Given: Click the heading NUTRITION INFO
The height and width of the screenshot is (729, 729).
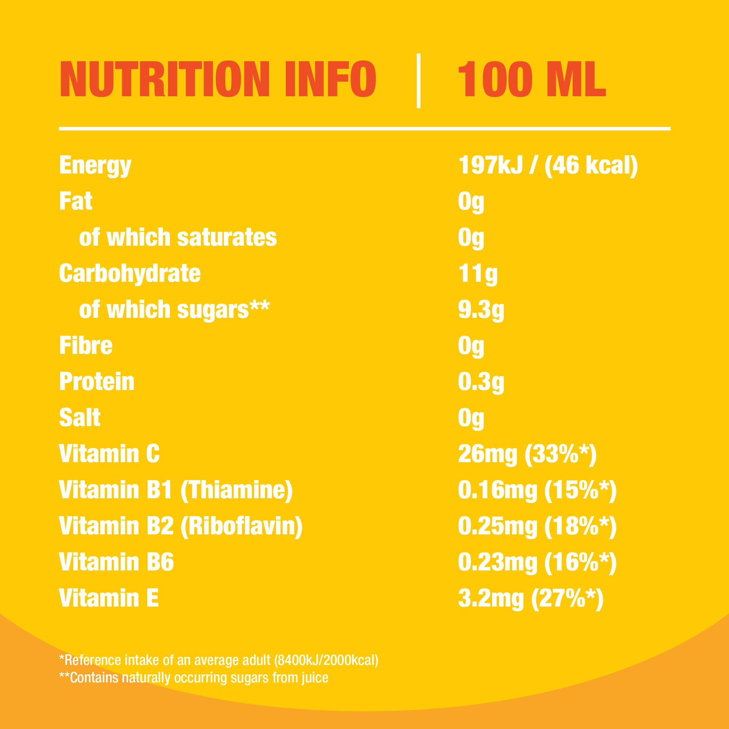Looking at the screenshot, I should [x=218, y=79].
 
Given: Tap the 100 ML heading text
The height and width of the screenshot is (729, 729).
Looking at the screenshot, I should [x=532, y=79].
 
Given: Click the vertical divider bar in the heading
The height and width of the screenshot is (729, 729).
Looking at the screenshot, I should [x=418, y=81].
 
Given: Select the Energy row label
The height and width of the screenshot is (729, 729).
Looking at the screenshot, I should [x=95, y=165].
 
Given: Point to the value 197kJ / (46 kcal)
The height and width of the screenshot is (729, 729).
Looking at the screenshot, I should [x=547, y=165].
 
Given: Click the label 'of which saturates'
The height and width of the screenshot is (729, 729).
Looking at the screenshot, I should [x=178, y=237].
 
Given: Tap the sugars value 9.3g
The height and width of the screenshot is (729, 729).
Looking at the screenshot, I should [x=481, y=309].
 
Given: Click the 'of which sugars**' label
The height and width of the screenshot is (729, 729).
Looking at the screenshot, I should [x=174, y=309].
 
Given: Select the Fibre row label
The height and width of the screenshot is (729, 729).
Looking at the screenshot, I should [x=86, y=345].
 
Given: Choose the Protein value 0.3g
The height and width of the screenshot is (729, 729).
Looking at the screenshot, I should [x=481, y=382].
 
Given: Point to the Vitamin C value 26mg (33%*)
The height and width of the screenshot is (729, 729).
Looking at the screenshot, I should [x=527, y=453].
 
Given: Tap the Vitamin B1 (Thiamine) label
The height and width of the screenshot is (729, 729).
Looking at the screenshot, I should [x=176, y=490].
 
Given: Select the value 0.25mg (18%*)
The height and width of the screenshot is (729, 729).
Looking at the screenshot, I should [x=537, y=526].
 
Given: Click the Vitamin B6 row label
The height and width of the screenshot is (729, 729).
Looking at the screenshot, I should [x=116, y=562].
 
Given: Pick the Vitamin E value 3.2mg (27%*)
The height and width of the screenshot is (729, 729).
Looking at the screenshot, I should [x=530, y=598].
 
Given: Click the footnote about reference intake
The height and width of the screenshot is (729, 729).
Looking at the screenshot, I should [x=219, y=660].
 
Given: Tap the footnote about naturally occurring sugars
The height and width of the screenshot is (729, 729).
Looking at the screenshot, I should [x=194, y=678].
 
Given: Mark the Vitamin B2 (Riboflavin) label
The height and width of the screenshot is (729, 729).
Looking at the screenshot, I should [x=181, y=526].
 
